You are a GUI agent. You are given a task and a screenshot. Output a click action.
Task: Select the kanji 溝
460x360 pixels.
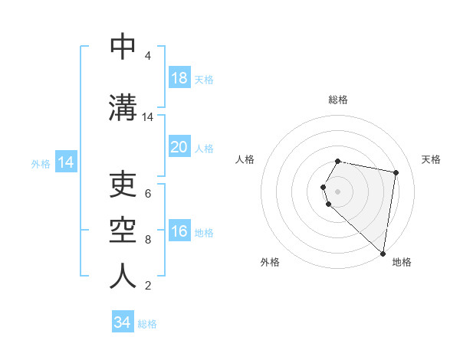[123, 107]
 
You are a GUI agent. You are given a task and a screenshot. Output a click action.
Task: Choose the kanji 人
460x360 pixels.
[123, 276]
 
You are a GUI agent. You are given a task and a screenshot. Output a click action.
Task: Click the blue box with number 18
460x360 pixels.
[179, 78]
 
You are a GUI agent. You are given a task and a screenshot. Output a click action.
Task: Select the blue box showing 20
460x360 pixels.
[179, 147]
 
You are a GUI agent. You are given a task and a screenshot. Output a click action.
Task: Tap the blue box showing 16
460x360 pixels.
[179, 232]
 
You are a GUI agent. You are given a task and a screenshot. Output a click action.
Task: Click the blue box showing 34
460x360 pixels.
[123, 322]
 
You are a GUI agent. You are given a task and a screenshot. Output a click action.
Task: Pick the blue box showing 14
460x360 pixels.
[65, 162]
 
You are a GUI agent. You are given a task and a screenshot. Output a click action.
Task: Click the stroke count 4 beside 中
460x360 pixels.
[148, 56]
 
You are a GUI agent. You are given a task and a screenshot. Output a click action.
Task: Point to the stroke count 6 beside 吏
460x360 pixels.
[148, 194]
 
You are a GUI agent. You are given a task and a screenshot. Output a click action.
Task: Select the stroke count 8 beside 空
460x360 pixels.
[148, 240]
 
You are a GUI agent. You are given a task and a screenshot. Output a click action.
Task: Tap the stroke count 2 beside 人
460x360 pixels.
[148, 286]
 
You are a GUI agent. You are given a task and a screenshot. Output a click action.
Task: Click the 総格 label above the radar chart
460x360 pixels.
[338, 100]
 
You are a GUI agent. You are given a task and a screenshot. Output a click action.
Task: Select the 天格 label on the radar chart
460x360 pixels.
[431, 159]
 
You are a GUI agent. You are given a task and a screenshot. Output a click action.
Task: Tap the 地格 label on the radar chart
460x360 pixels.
[402, 262]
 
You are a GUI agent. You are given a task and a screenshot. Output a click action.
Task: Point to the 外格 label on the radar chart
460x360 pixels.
[270, 262]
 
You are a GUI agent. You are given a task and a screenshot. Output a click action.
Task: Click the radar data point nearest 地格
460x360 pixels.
[383, 253]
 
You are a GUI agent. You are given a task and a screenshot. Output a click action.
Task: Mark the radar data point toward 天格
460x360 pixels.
[396, 173]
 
